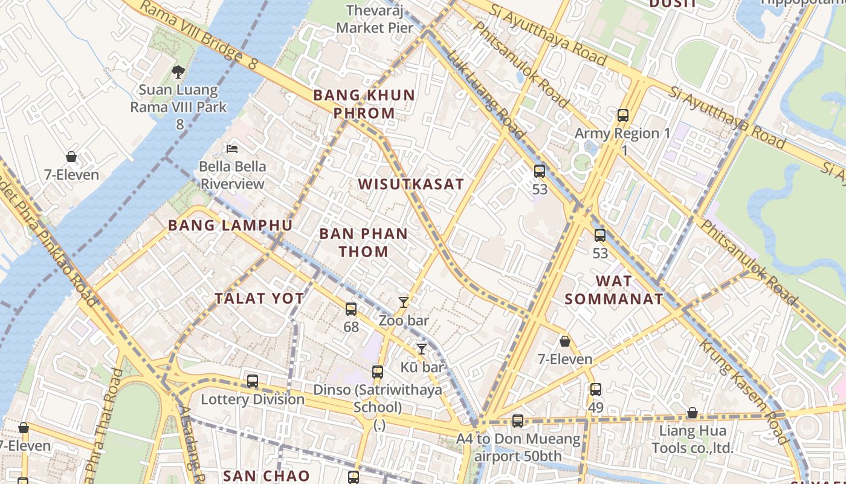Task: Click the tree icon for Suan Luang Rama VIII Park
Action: coord(178,72)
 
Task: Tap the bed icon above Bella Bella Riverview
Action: coord(232,148)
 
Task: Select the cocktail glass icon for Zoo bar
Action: coord(404,302)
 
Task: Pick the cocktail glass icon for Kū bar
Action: coord(422,348)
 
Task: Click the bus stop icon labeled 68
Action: coord(351,309)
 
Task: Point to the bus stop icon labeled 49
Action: coord(596,390)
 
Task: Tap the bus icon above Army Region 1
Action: coord(623,115)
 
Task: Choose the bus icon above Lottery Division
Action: coord(253,381)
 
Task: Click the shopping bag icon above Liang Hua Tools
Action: coord(693,413)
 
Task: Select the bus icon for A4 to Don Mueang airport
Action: coord(518,420)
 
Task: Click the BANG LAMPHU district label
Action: coord(230,226)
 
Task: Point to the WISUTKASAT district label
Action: coord(411,185)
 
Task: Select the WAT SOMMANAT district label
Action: coord(614,290)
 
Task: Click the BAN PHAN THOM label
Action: coord(363,243)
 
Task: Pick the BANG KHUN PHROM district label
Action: coord(364,104)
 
